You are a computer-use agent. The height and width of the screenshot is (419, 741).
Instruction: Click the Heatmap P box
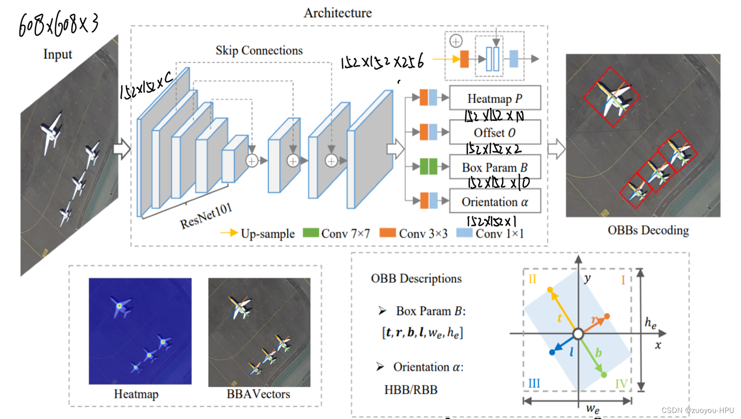[x=495, y=98]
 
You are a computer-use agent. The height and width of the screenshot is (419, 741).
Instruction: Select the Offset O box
[x=495, y=133]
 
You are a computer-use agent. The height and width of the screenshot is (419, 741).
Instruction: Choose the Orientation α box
[x=495, y=202]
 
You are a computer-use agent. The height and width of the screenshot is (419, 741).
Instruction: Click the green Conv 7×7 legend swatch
[x=311, y=233]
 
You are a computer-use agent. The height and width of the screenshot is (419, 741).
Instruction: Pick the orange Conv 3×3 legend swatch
[x=387, y=233]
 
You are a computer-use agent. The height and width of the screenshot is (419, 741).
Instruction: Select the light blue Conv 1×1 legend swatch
[x=464, y=233]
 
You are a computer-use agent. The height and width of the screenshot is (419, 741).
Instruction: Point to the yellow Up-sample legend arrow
[x=229, y=233]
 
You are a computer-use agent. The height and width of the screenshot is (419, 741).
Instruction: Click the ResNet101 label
[x=206, y=216]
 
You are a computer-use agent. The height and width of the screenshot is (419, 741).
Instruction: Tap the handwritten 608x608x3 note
[x=58, y=25]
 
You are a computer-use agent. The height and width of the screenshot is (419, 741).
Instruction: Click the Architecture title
[x=338, y=13]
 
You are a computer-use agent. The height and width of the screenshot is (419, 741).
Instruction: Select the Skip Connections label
[x=259, y=50]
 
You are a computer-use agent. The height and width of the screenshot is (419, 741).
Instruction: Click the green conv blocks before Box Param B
[x=428, y=166]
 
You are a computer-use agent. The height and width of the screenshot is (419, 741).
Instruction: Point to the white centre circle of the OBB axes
[x=578, y=334]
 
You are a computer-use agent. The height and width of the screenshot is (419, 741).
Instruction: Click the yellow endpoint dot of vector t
[x=550, y=290]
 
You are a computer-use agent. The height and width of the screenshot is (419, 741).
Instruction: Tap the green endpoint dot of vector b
[x=604, y=375]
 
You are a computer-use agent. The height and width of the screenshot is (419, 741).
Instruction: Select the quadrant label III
[x=534, y=384]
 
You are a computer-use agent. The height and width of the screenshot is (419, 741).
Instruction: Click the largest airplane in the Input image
[x=50, y=132]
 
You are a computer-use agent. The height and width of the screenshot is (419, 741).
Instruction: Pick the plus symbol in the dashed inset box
[x=456, y=41]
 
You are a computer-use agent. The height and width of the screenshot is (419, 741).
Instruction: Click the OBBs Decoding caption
[x=648, y=230]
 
